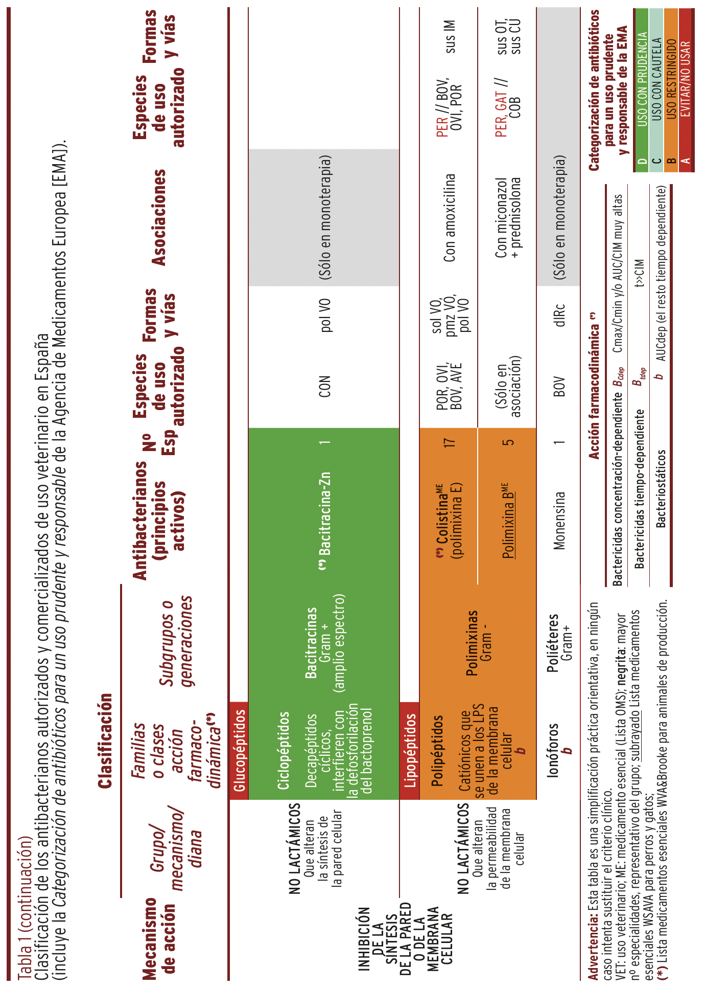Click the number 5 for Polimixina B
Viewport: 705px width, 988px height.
(508, 443)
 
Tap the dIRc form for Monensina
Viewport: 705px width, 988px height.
(560, 315)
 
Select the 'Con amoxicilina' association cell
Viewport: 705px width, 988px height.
(450, 218)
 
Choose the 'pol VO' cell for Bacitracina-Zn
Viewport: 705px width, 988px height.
(325, 315)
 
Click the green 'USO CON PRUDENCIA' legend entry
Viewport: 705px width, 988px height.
(642, 79)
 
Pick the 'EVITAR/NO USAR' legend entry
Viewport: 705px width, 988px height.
(686, 79)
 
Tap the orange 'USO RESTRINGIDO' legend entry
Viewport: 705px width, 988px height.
(672, 79)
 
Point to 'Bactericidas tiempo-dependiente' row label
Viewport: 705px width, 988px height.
(639, 489)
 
